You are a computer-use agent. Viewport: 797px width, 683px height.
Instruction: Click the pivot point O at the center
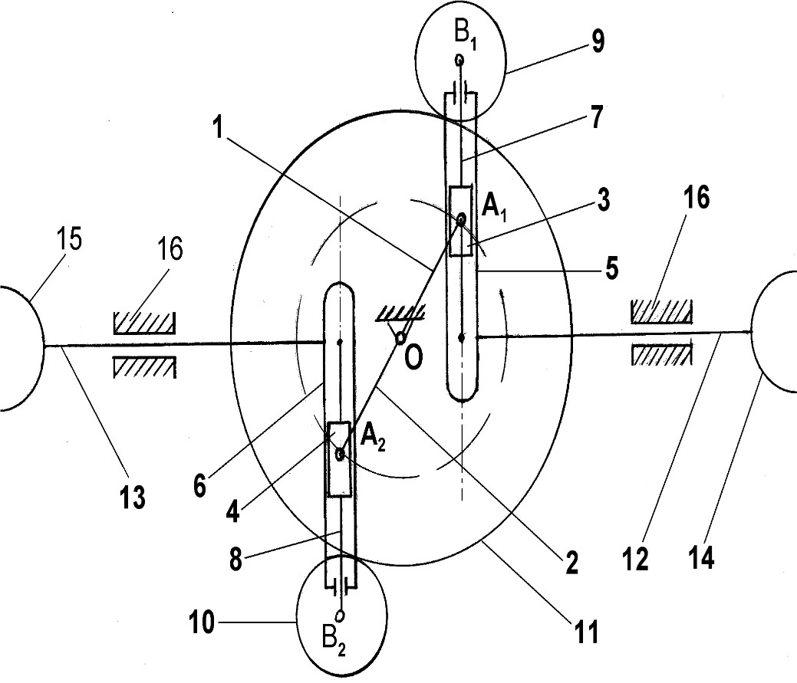click(400, 338)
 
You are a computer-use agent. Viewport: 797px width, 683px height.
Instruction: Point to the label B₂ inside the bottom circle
click(334, 642)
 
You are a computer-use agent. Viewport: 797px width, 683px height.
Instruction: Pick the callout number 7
click(596, 117)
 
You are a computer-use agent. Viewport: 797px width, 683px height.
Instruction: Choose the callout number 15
click(70, 238)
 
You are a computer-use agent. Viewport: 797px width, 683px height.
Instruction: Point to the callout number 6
click(199, 486)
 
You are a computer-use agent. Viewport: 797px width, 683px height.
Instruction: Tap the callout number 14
click(702, 556)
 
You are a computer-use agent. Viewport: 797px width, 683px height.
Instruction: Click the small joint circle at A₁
click(461, 219)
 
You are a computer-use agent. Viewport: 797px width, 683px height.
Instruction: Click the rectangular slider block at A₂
click(340, 458)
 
